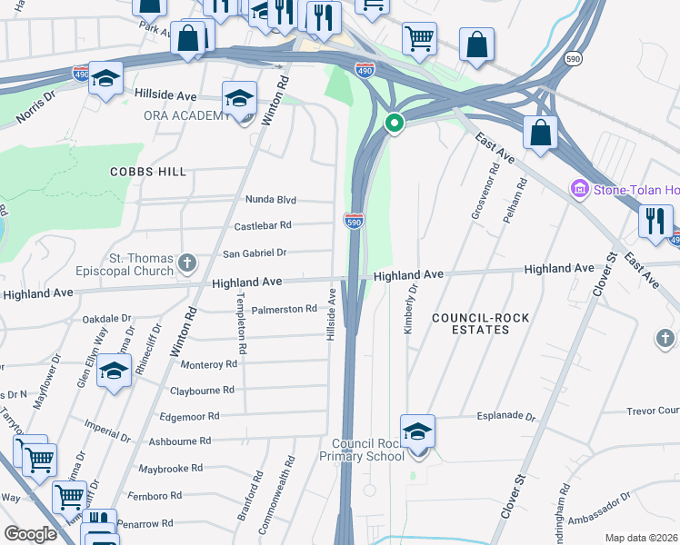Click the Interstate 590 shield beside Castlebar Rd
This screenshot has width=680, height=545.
pyautogui.click(x=355, y=221)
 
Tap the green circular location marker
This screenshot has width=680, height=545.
pyautogui.click(x=394, y=124)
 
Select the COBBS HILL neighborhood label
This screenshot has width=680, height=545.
pyautogui.click(x=148, y=172)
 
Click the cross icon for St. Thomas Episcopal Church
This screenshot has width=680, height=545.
pyautogui.click(x=187, y=263)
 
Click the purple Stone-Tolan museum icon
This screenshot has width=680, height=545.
pyautogui.click(x=579, y=189)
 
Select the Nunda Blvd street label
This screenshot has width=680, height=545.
pyautogui.click(x=271, y=200)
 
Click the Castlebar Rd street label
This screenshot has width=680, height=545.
pyautogui.click(x=264, y=225)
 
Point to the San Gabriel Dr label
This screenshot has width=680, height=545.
pyautogui.click(x=255, y=253)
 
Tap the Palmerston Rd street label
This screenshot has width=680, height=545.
pyautogui.click(x=284, y=310)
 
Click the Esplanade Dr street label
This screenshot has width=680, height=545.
pyautogui.click(x=506, y=416)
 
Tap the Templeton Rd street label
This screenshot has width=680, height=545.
pyautogui.click(x=242, y=322)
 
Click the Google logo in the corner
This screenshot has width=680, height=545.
pyautogui.click(x=30, y=533)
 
